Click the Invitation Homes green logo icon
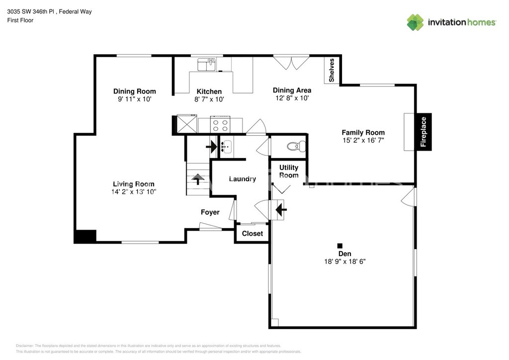tap(415, 22)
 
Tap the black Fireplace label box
tap(424, 132)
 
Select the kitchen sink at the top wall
tap(206, 65)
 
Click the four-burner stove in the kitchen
tap(220, 124)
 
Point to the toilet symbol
tap(296, 146)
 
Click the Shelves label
tap(332, 70)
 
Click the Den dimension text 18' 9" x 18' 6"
tap(345, 262)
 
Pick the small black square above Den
tap(340, 246)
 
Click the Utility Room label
tap(289, 171)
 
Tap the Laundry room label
tap(243, 179)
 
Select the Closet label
tap(252, 233)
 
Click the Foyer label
tap(210, 212)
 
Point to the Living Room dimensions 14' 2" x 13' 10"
tap(134, 192)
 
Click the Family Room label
tap(363, 132)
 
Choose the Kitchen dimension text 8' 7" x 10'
tap(209, 99)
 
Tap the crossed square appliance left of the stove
tap(187, 124)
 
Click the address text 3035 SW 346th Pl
tap(30, 12)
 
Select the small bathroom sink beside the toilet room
tap(226, 147)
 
